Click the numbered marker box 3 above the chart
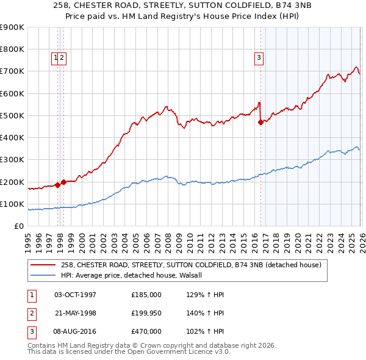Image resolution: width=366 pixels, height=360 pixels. (x=259, y=58)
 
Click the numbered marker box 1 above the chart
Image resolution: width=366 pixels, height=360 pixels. (x=56, y=58)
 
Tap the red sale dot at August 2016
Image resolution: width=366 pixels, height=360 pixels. (x=260, y=122)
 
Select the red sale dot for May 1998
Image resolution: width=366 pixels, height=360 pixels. (x=63, y=181)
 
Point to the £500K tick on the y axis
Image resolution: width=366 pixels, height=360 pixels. (x=13, y=115)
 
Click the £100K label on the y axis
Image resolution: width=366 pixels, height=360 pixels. (x=13, y=204)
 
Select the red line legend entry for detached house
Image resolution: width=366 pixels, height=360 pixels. (x=195, y=265)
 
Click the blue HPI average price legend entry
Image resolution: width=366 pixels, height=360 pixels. (x=135, y=275)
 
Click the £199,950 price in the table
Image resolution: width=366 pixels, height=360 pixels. (x=146, y=313)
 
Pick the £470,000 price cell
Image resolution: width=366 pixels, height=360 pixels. (x=146, y=331)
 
